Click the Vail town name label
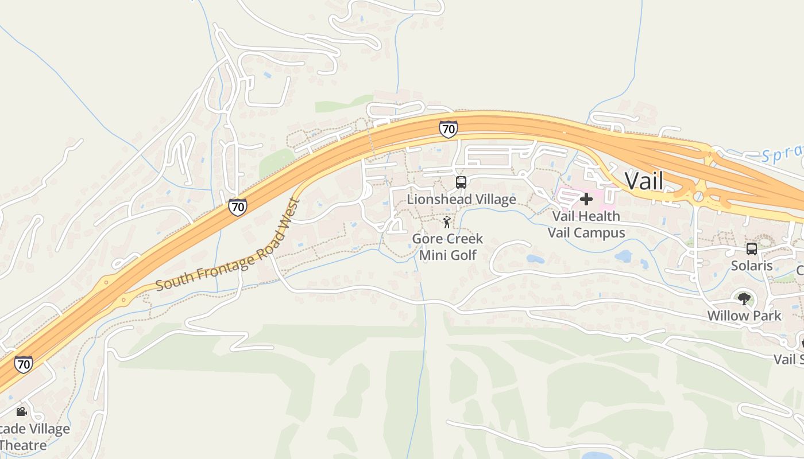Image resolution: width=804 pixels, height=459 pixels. [644, 181]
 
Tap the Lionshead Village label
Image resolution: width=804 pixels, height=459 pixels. [461, 199]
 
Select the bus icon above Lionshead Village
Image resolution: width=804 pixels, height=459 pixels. [461, 182]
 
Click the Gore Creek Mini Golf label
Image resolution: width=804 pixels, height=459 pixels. [448, 247]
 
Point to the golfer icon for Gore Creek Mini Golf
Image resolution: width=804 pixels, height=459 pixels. [447, 222]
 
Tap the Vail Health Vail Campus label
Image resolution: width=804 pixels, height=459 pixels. [586, 224]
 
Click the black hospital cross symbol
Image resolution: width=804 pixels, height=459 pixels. [586, 199]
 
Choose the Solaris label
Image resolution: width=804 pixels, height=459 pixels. [752, 266]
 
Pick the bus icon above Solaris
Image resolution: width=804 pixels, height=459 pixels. [751, 249]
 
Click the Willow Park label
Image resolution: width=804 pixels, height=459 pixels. [744, 316]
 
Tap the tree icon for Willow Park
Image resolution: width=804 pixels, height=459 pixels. [744, 298]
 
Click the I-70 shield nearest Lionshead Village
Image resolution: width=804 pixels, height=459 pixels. [449, 129]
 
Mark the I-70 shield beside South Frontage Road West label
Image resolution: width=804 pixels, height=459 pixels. [238, 207]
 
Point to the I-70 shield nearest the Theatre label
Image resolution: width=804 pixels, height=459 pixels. [24, 364]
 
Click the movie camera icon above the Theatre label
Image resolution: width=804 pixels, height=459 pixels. [22, 411]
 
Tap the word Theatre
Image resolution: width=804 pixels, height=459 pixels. [23, 445]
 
